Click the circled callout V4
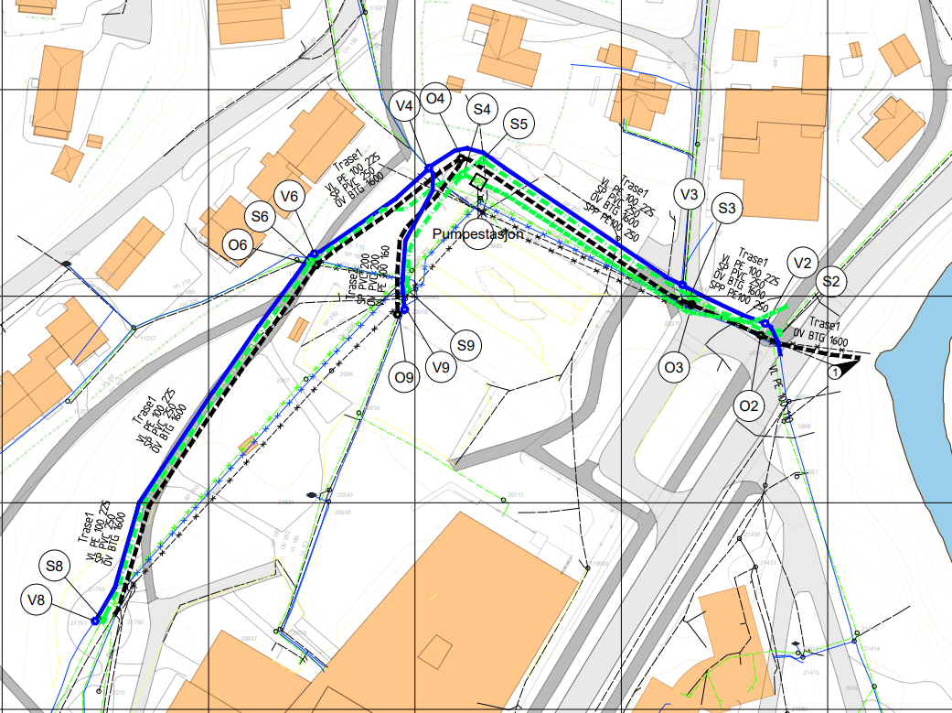click(403, 106)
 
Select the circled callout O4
click(436, 98)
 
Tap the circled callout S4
click(482, 110)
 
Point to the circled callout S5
click(519, 124)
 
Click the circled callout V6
click(290, 196)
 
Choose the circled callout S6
click(261, 217)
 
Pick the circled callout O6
click(239, 244)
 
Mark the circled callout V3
click(690, 194)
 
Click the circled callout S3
click(727, 209)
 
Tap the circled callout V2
click(802, 264)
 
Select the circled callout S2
click(830, 282)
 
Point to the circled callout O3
click(674, 368)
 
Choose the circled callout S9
click(465, 346)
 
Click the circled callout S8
click(56, 567)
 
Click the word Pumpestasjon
click(477, 234)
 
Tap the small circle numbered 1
click(834, 373)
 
